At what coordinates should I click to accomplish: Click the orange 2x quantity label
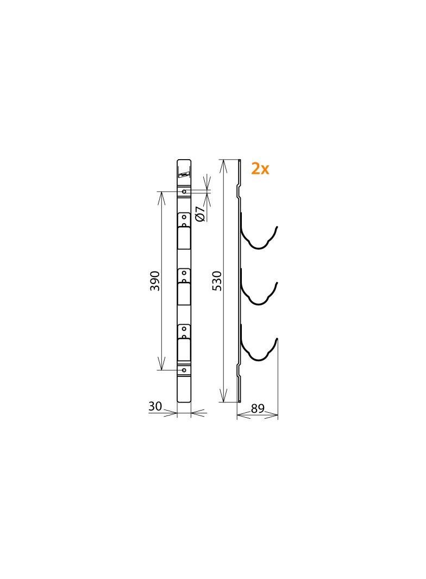260,169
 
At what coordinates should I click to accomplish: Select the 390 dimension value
155,281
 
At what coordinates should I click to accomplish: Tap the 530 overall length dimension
217,281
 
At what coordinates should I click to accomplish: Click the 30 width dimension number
155,406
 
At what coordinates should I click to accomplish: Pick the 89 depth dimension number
258,408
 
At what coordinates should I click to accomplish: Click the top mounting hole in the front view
184,191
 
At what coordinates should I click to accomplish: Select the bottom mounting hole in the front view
184,370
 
